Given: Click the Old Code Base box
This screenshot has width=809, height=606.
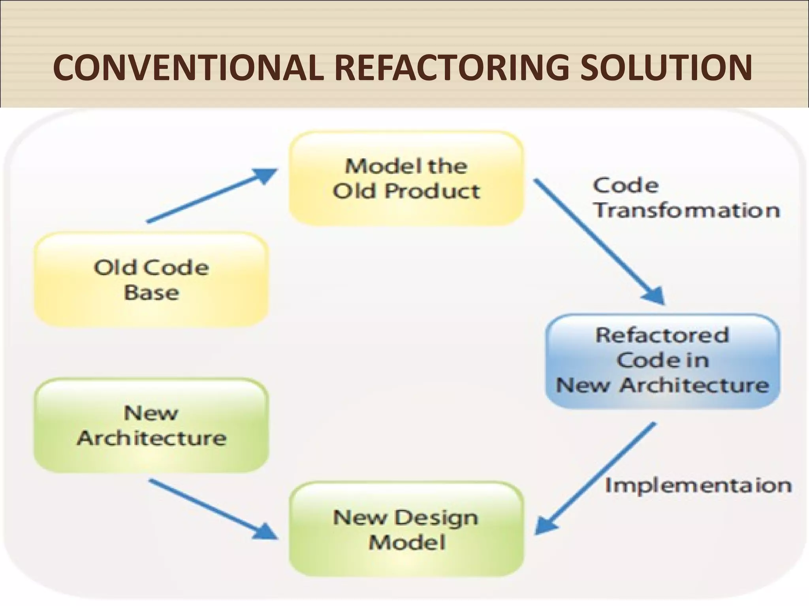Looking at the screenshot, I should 151,279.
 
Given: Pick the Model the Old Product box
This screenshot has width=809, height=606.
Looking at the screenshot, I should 406,178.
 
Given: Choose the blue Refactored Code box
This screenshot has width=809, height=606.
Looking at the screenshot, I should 662,361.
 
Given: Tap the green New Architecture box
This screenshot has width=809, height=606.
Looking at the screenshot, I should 151,425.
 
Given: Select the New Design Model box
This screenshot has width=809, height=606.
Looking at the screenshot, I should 406,529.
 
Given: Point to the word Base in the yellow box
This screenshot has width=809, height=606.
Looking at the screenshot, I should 151,293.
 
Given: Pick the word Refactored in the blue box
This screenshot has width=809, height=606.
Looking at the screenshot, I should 662,336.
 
